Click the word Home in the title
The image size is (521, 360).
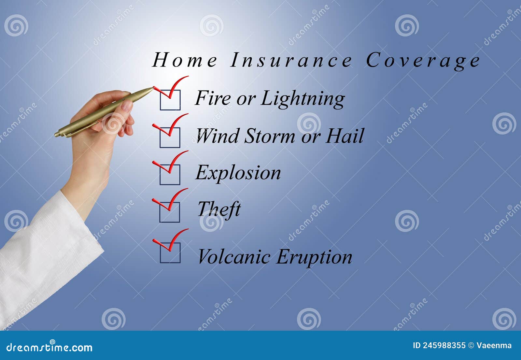click(185, 60)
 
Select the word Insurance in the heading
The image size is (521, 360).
click(291, 60)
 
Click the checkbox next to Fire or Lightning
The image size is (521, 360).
click(170, 100)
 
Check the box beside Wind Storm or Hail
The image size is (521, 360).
click(170, 137)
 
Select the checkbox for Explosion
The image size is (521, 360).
click(170, 174)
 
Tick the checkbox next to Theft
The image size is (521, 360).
click(170, 212)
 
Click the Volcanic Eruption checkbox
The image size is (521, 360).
click(170, 252)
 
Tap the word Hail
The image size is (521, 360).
click(345, 136)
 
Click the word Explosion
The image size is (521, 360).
click(238, 173)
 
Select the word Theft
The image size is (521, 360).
click(219, 209)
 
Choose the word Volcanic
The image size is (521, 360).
click(234, 257)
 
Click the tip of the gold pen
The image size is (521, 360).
click(152, 88)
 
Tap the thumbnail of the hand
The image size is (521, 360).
click(127, 106)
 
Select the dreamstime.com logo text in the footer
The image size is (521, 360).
click(49, 347)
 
